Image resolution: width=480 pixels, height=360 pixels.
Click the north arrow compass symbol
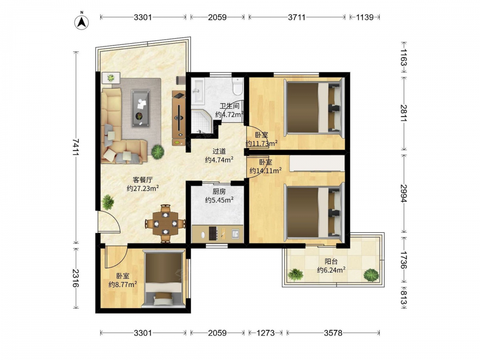pyautogui.click(x=82, y=22)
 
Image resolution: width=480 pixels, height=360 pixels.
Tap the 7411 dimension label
pyautogui.click(x=76, y=147)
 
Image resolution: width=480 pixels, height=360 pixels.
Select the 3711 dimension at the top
pyautogui.click(x=297, y=17)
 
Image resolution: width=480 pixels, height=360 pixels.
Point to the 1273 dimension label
pyautogui.click(x=265, y=333)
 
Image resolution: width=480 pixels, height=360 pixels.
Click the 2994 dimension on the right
pyautogui.click(x=404, y=193)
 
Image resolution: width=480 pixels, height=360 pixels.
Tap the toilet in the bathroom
pyautogui.click(x=238, y=86)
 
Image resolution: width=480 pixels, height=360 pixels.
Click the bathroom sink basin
pyautogui.click(x=197, y=90)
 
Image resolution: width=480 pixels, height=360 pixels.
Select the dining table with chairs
pyautogui.click(x=165, y=224)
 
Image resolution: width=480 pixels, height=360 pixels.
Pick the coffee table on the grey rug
pyautogui.click(x=141, y=108)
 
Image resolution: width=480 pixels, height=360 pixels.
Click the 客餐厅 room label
pyautogui.click(x=143, y=180)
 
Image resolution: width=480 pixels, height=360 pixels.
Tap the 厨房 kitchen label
pyautogui.click(x=219, y=192)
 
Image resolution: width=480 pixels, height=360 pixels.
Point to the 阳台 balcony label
pyautogui.click(x=331, y=262)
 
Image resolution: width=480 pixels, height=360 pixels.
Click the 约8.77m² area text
pyautogui.click(x=123, y=284)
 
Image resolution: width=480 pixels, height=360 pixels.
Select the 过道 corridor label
pyautogui.click(x=219, y=151)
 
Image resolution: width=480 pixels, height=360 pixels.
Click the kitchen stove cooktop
pyautogui.click(x=213, y=233)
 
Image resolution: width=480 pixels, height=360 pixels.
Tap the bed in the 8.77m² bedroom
pyautogui.click(x=164, y=278)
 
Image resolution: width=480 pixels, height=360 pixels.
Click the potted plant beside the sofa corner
pyautogui.click(x=157, y=151)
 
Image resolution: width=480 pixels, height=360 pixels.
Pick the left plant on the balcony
pyautogui.click(x=295, y=275)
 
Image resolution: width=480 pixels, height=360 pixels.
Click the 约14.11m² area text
pyautogui.click(x=265, y=171)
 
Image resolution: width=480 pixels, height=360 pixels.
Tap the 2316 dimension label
pyautogui.click(x=76, y=278)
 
